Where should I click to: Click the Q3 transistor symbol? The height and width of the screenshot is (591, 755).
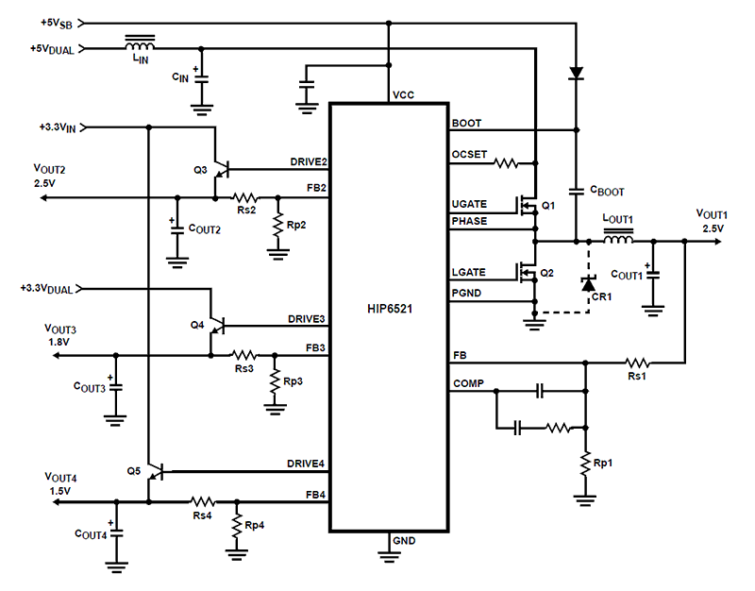click(220, 170)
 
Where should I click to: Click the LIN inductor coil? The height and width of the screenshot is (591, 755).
click(141, 44)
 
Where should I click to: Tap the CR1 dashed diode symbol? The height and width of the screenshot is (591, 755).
click(588, 282)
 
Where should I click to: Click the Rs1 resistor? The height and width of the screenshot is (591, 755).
click(639, 362)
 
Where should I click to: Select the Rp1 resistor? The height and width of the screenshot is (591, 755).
click(586, 464)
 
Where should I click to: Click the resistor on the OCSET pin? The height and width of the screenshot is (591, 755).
click(507, 162)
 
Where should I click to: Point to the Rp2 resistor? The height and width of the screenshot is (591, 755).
click(277, 224)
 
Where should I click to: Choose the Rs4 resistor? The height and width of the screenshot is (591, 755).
click(201, 501)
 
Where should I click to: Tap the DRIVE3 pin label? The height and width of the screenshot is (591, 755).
click(307, 319)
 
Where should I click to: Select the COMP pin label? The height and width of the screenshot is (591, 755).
click(469, 384)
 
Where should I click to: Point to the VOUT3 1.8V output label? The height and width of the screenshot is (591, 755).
click(61, 335)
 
